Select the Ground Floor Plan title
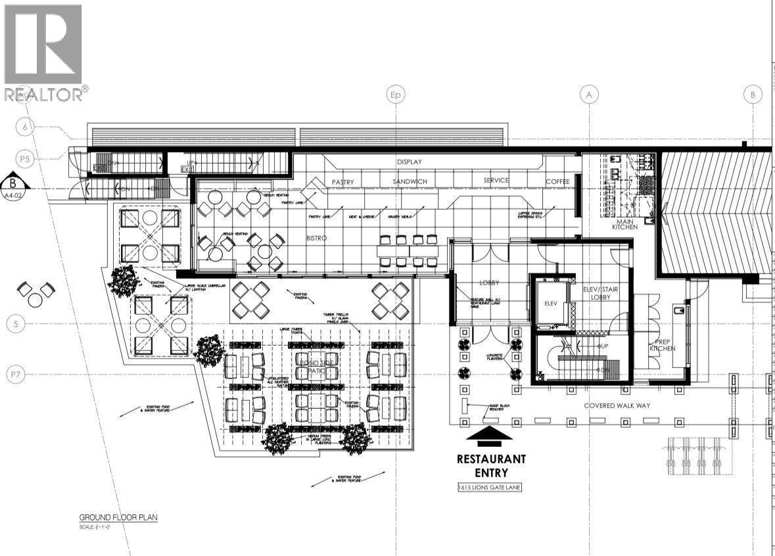pyautogui.click(x=118, y=517)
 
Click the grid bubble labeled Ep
pyautogui.click(x=395, y=95)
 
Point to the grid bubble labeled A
pyautogui.click(x=589, y=95)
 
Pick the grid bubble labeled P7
pyautogui.click(x=16, y=375)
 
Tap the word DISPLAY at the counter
pyautogui.click(x=409, y=162)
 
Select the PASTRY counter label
pyautogui.click(x=343, y=181)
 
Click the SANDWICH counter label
pyautogui.click(x=410, y=181)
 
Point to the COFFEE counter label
pyautogui.click(x=558, y=181)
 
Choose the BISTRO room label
pyautogui.click(x=316, y=238)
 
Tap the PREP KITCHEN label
pyautogui.click(x=663, y=345)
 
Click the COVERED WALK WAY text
pyautogui.click(x=617, y=405)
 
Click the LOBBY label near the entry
pyautogui.click(x=490, y=282)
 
